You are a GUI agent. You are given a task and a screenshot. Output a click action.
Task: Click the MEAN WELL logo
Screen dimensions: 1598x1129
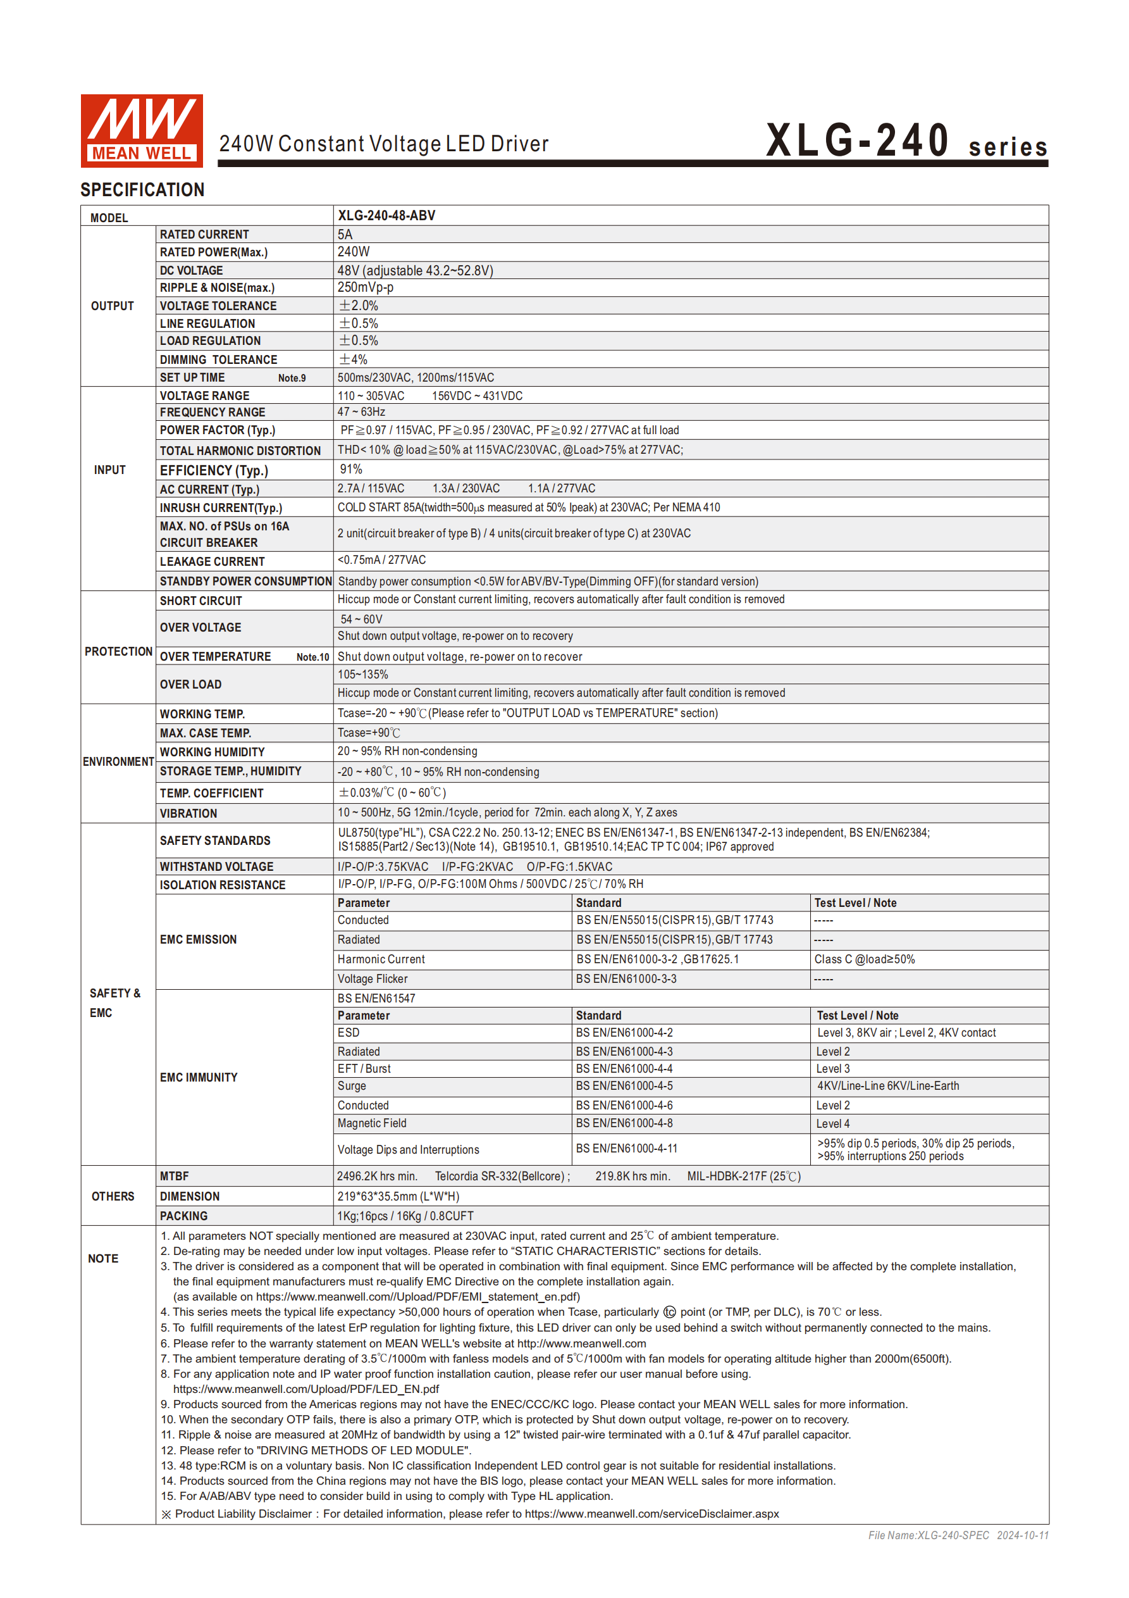click(141, 131)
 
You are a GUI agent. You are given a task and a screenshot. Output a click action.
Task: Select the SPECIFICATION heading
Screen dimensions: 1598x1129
click(142, 190)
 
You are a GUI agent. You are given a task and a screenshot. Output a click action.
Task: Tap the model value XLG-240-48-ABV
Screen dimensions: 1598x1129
click(386, 216)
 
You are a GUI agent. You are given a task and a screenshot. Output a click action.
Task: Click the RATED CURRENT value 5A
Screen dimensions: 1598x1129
click(345, 235)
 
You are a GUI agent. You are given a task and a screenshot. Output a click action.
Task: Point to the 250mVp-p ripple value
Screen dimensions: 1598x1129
click(365, 287)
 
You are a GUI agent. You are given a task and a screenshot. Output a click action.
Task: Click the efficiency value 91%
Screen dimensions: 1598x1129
click(350, 470)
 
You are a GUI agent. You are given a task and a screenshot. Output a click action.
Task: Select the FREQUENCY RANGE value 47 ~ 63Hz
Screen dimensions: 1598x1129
click(361, 412)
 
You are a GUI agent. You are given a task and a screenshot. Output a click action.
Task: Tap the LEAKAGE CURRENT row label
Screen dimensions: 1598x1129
click(212, 561)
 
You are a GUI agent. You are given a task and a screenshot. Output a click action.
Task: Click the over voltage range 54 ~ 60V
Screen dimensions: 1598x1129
click(361, 620)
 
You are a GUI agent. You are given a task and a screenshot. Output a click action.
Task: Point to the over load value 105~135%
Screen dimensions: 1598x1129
click(362, 675)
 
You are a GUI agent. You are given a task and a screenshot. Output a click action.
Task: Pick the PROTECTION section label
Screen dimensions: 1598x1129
click(118, 651)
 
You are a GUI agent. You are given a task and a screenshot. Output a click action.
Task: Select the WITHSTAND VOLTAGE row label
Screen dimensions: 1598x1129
click(216, 866)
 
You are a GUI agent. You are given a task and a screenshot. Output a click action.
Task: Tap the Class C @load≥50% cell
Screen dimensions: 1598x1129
click(864, 959)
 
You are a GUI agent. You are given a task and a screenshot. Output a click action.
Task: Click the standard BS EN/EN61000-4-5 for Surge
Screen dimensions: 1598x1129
click(624, 1086)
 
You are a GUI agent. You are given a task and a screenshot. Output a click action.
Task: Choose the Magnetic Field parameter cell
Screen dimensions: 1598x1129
click(371, 1123)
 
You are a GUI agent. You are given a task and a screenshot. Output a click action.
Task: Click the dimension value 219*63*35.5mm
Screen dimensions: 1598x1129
click(398, 1196)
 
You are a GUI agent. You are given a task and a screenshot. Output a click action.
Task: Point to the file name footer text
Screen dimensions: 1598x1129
click(957, 1535)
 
